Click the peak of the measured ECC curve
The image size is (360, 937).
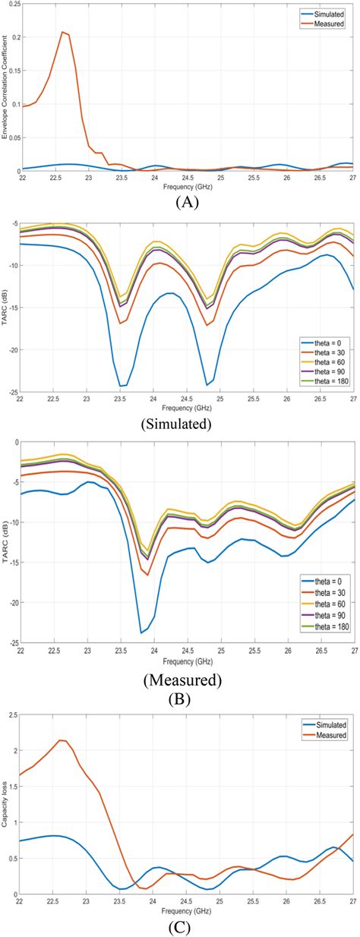(63, 32)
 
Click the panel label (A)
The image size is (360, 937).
(186, 202)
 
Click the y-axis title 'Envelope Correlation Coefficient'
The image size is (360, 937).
(5, 90)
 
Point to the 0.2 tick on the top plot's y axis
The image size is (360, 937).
(13, 37)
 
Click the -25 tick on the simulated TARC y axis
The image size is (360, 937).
(11, 393)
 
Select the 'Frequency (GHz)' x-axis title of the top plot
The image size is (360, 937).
(188, 185)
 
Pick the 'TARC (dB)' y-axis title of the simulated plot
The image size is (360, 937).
(5, 306)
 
